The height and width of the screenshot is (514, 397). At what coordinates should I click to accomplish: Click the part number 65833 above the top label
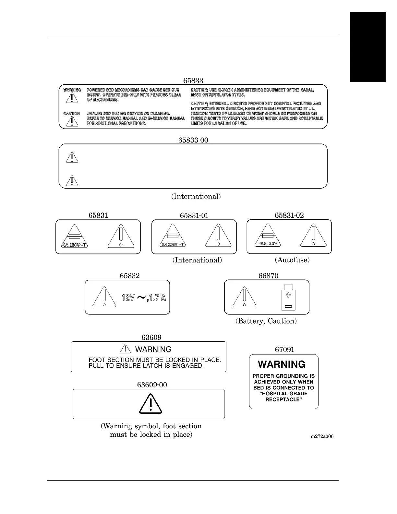(193, 80)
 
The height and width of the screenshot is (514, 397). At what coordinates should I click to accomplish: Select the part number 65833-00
(193, 140)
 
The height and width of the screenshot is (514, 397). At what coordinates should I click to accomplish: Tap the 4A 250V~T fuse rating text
(75, 245)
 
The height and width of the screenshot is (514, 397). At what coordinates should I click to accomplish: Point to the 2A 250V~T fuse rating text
(173, 244)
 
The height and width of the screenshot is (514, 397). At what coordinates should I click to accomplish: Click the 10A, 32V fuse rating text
(268, 244)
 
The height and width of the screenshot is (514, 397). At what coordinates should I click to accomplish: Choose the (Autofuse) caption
(292, 260)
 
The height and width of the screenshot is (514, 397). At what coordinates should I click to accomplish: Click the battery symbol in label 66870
(288, 297)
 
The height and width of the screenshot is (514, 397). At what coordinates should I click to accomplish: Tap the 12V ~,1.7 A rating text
(144, 298)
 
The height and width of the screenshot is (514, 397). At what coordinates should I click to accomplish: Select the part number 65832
(130, 275)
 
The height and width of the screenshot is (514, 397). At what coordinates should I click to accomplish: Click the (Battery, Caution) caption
(266, 321)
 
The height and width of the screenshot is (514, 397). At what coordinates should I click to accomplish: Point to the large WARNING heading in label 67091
(282, 364)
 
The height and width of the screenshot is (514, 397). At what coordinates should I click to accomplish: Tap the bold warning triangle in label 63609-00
(150, 404)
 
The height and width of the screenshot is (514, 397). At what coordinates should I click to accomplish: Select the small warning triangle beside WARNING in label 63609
(125, 349)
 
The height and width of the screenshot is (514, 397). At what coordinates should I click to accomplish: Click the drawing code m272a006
(322, 436)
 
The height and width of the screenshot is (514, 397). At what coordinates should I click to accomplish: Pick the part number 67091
(284, 349)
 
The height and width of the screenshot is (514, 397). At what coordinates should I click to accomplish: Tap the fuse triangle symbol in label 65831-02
(268, 236)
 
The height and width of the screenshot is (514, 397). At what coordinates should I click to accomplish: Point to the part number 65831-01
(194, 215)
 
